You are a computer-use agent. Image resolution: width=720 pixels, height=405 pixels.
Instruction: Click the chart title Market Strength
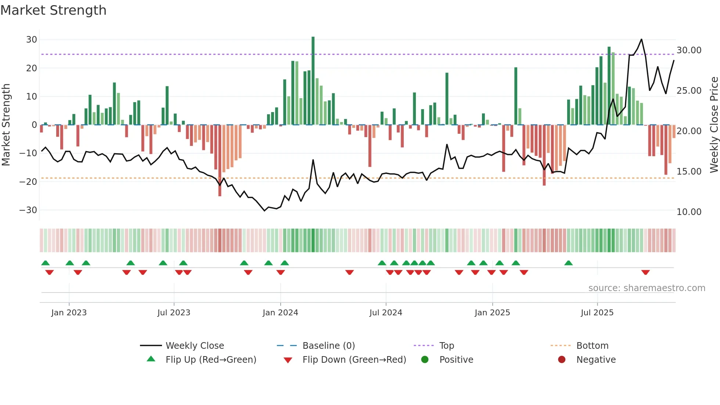tap(53, 10)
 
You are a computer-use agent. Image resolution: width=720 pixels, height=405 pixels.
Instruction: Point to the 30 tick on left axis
tap(32, 40)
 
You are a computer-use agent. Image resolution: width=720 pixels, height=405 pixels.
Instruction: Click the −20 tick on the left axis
tap(28, 182)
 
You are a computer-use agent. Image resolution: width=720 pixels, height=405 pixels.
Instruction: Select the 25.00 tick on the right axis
tap(689, 90)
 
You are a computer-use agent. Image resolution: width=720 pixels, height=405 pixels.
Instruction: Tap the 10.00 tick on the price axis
tap(689, 212)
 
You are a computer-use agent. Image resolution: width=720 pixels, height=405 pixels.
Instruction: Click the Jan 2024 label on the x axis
tap(280, 313)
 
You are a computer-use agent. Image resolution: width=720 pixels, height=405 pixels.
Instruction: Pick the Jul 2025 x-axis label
tap(597, 313)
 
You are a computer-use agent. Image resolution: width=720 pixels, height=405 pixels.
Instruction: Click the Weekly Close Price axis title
tap(714, 125)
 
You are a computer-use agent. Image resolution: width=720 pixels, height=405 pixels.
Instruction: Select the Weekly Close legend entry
tap(194, 346)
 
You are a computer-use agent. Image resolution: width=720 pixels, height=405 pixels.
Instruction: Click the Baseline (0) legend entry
tap(328, 346)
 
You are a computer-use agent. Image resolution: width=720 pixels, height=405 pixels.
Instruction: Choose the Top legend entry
tap(447, 346)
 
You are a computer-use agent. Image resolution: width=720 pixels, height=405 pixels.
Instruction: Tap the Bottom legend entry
tap(592, 346)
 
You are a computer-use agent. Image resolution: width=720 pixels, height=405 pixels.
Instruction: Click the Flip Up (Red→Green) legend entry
tap(210, 360)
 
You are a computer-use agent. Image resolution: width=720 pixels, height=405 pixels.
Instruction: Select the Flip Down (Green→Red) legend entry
tap(354, 360)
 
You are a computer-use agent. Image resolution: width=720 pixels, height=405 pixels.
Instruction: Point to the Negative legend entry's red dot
tap(562, 360)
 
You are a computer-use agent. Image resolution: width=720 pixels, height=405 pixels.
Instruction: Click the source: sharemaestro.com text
tap(647, 288)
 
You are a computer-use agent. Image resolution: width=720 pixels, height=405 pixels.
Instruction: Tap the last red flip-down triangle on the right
tap(645, 272)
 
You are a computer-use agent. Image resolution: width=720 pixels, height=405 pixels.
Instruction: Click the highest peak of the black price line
tap(641, 39)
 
